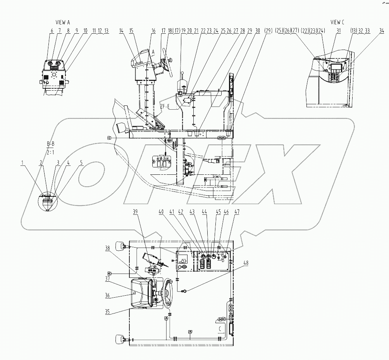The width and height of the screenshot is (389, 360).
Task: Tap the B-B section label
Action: click(x=51, y=145)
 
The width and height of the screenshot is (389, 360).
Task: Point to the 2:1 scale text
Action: click(x=51, y=152)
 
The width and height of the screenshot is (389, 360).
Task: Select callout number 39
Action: click(x=135, y=212)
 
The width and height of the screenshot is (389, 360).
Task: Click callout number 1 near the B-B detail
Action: click(x=24, y=163)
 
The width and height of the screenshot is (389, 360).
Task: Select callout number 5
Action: click(x=81, y=163)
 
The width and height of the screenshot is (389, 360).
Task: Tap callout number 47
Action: click(x=236, y=212)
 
